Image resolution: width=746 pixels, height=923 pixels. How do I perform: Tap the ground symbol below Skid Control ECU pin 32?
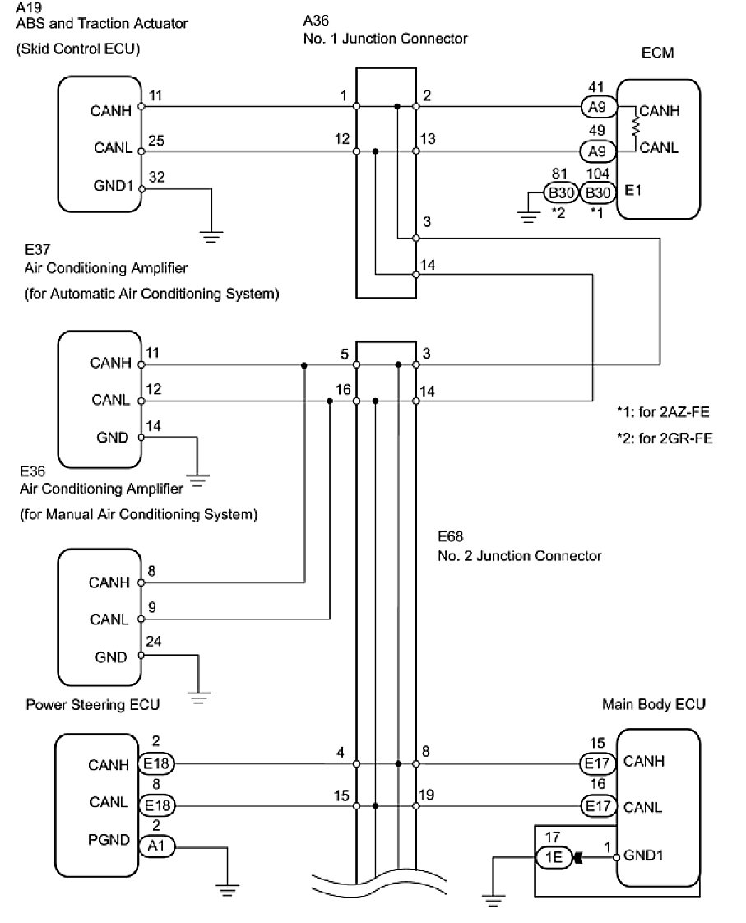213,236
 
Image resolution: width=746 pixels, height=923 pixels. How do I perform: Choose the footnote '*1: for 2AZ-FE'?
663,410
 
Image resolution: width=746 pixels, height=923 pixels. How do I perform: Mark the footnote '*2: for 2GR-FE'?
664,438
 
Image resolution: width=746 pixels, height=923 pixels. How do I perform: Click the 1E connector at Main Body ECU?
552,858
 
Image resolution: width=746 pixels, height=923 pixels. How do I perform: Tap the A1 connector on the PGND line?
156,845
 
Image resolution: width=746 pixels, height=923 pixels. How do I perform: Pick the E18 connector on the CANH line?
156,764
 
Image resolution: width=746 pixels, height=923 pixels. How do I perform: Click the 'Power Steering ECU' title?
92,705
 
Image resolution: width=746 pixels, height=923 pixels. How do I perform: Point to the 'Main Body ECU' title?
653,704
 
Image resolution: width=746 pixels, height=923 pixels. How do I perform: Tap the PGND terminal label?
109,840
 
